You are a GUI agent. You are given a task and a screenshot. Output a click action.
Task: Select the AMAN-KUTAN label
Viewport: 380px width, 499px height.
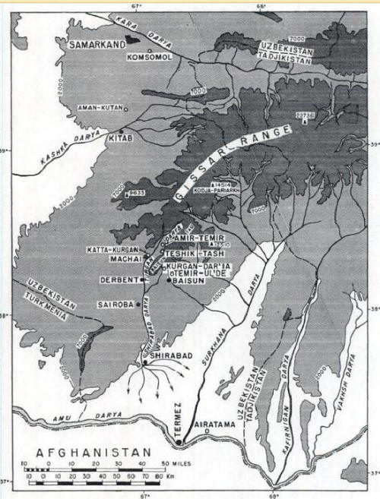tap(102, 108)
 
